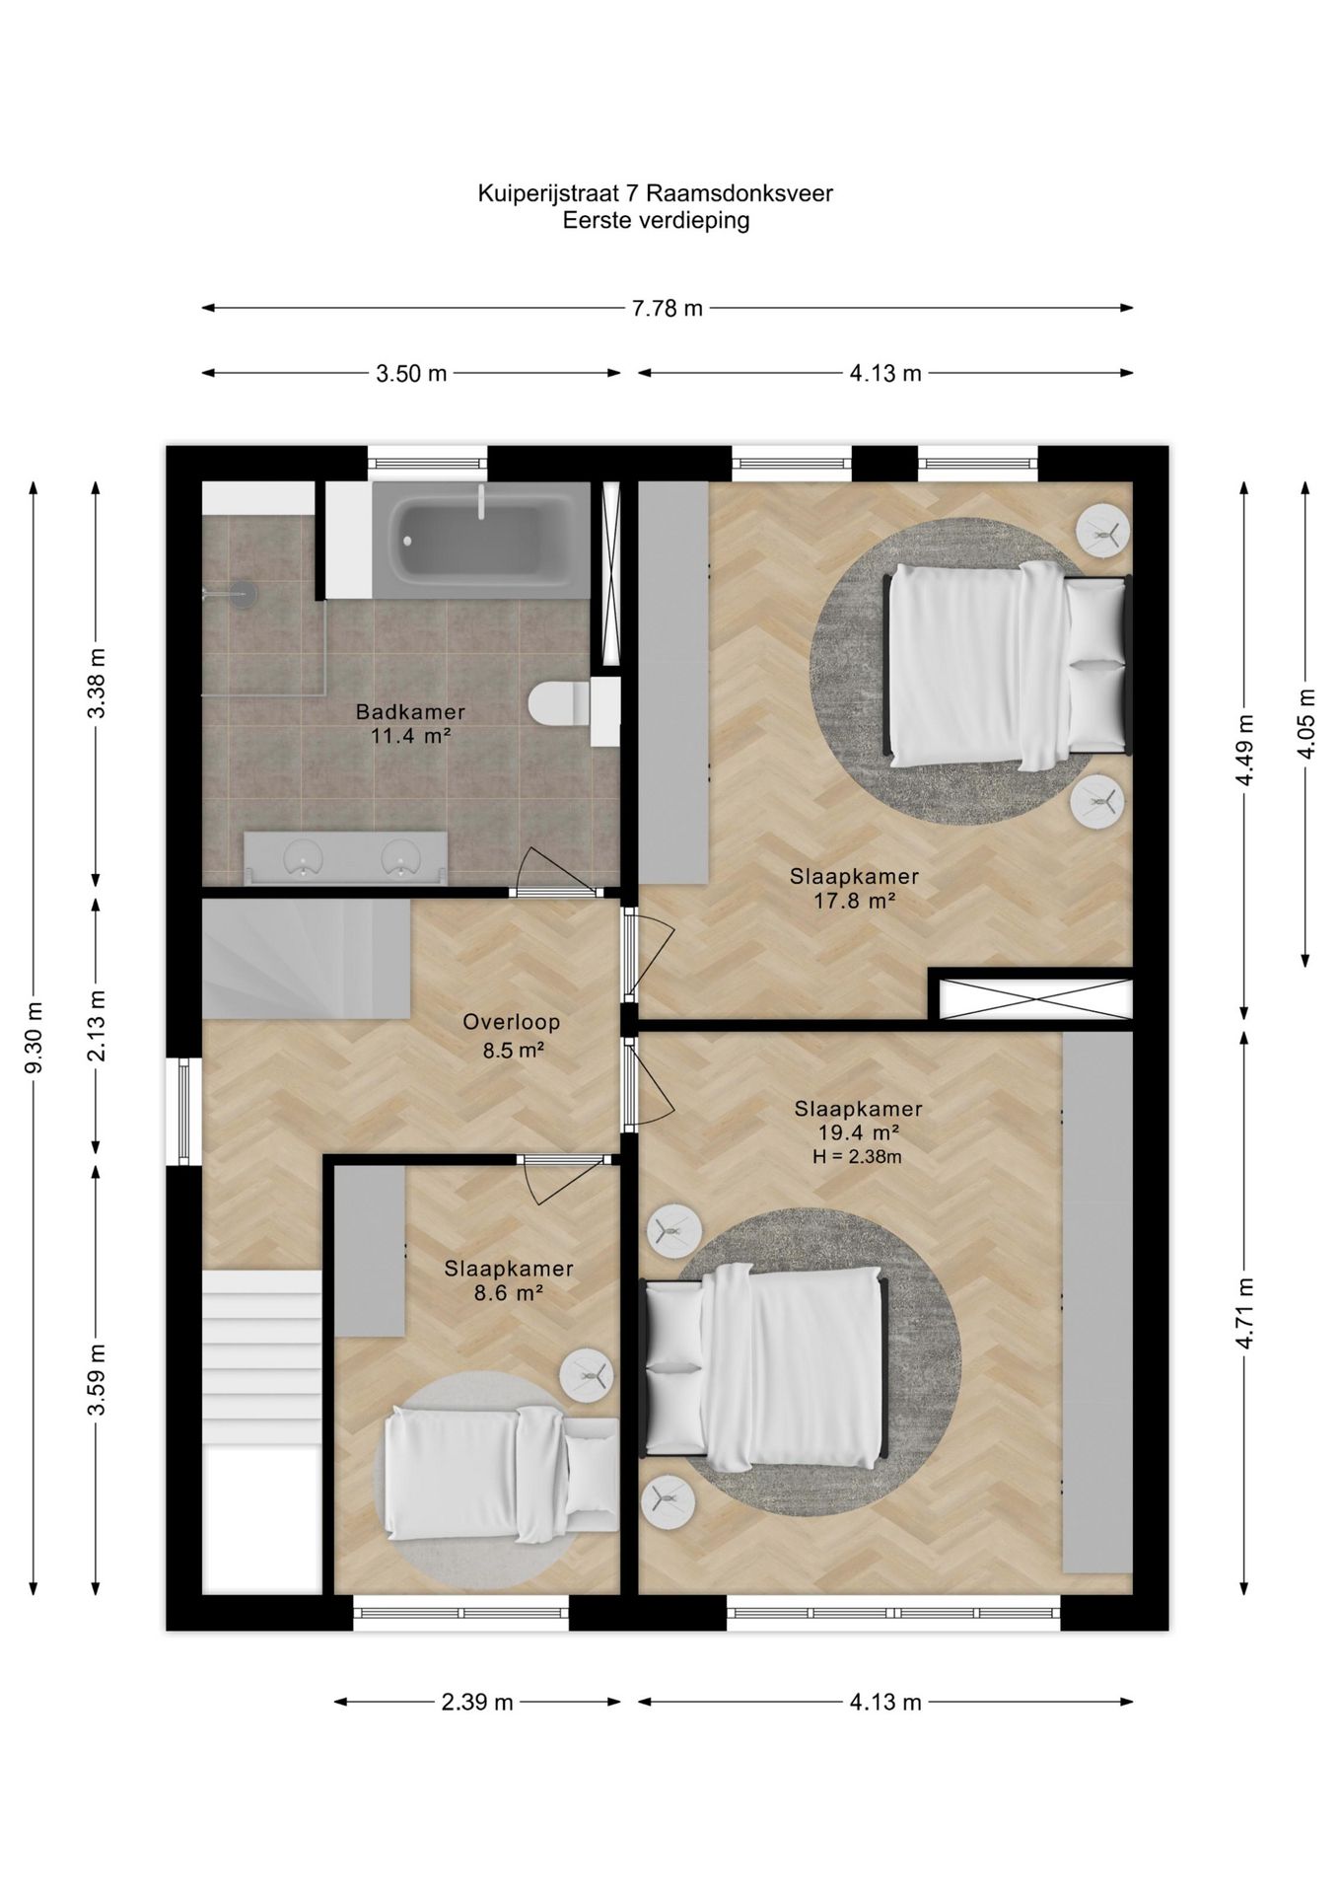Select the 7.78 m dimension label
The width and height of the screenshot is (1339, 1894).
tap(668, 308)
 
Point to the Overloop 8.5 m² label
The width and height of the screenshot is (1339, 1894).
tap(512, 1036)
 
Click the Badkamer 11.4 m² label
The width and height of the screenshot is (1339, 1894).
tap(410, 723)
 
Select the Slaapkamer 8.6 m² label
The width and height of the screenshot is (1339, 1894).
tap(509, 1280)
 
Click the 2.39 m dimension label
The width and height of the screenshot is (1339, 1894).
tap(477, 1702)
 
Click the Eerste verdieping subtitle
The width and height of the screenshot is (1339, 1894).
tap(656, 220)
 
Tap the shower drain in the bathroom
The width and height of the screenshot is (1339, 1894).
tap(243, 592)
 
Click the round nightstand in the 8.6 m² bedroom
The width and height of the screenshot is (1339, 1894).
tap(587, 1374)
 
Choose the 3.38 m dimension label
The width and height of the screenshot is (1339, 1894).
tap(97, 685)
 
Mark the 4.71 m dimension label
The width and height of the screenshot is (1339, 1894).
tap(1243, 1313)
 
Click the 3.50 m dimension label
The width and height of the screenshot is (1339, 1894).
tap(411, 374)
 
